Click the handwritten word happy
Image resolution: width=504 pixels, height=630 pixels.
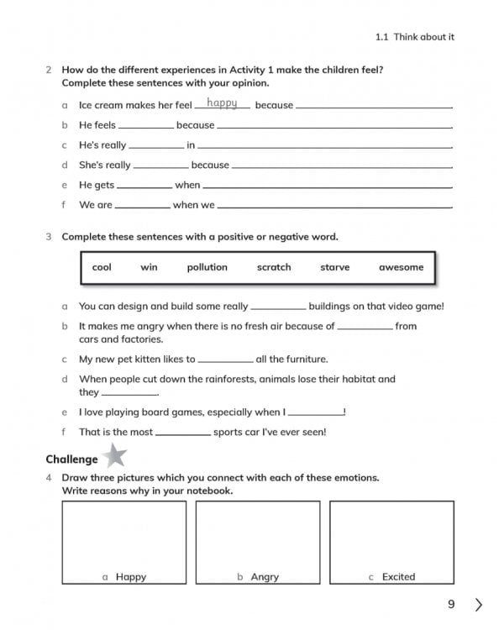point(222,103)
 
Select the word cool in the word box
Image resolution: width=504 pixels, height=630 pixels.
point(102,267)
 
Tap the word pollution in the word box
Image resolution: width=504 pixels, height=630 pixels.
point(207,267)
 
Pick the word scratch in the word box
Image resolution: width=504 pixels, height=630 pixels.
point(274,267)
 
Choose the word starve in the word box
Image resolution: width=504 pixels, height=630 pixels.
point(334,267)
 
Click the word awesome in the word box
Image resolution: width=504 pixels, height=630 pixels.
point(401,267)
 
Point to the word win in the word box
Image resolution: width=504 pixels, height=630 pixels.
point(149,267)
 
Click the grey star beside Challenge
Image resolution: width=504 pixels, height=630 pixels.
point(114,457)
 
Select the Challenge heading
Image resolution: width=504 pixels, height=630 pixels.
point(71,459)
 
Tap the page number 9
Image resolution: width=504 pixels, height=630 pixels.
point(451,604)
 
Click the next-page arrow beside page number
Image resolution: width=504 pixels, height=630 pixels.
point(479,604)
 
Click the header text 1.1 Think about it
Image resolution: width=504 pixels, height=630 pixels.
point(415,37)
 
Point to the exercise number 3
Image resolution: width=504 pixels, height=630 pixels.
point(49,237)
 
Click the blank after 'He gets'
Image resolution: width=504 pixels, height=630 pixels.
point(144,186)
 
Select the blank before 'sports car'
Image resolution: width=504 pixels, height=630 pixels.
point(182,432)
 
